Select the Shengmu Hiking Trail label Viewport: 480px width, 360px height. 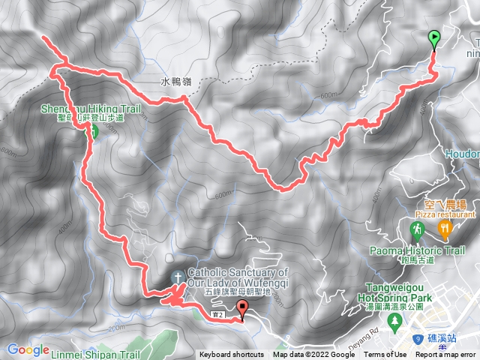(x=91, y=109)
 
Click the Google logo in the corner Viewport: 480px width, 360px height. (x=28, y=349)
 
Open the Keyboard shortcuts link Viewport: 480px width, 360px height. (x=231, y=355)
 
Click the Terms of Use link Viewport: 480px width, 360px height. (x=385, y=355)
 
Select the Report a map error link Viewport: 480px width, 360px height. (x=446, y=355)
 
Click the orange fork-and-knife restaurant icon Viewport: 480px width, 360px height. (x=445, y=227)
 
